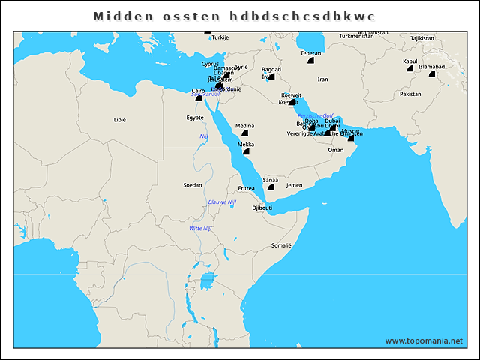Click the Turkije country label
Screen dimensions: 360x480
tap(220, 37)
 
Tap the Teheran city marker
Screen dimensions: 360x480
tap(310, 61)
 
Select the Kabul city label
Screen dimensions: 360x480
tap(409, 61)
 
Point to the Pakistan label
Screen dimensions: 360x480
tap(410, 94)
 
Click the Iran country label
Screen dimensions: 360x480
tap(322, 79)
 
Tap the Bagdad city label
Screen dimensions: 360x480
tap(271, 69)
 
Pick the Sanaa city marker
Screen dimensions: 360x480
tap(271, 187)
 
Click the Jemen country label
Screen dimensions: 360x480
tap(295, 184)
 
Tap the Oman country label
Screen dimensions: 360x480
tap(336, 150)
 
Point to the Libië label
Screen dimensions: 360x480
tap(120, 119)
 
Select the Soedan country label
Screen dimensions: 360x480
tap(192, 184)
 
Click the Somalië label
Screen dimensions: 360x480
tap(280, 245)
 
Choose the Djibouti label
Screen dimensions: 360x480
tap(262, 208)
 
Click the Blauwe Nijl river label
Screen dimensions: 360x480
tap(222, 202)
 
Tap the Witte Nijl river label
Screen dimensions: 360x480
tap(201, 228)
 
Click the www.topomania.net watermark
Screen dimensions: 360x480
tap(424, 340)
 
